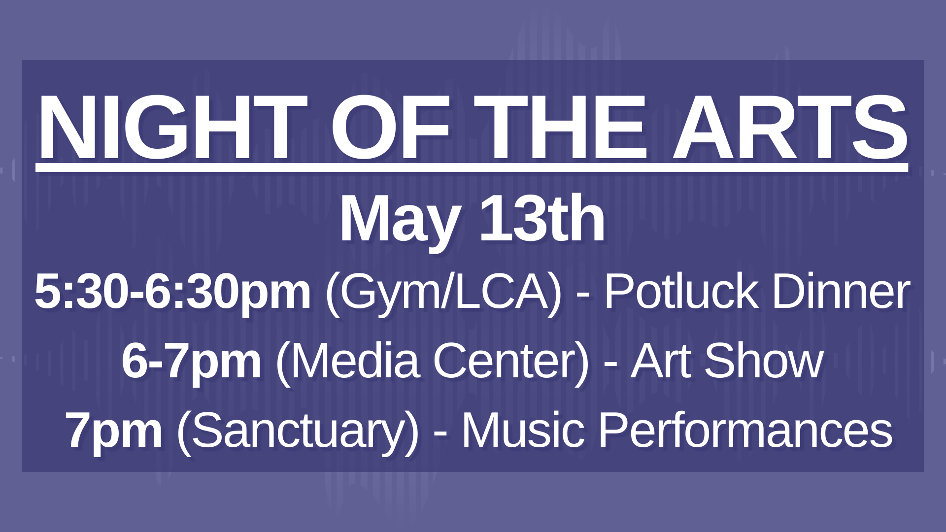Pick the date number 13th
pyautogui.click(x=542, y=219)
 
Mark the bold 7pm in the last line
pyautogui.click(x=114, y=431)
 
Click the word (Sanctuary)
pyautogui.click(x=298, y=431)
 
